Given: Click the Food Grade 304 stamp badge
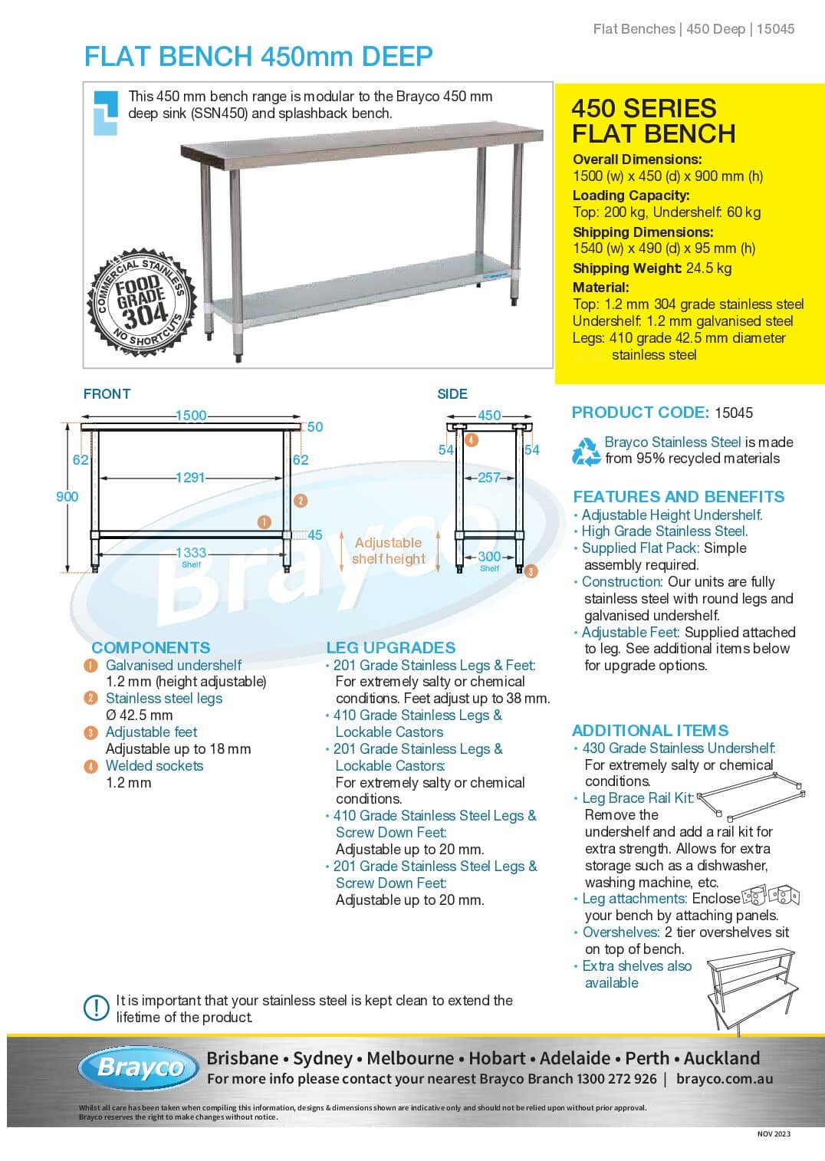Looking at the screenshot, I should point(143,301).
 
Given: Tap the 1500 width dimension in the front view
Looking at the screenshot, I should point(191,416).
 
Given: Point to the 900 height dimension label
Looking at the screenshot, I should point(67,496).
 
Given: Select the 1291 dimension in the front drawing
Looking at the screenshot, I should point(191,478).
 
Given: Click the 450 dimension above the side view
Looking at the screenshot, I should point(489,416).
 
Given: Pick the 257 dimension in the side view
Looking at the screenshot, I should point(488,478).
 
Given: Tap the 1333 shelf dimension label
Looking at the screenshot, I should point(191,553).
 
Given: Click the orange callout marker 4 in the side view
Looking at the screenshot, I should point(472,440).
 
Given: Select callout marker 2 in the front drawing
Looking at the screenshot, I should point(301,501).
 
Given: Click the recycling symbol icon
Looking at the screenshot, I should point(587,451).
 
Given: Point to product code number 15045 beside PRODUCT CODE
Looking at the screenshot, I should point(734,413).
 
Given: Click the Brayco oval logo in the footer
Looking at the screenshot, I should point(139,1067).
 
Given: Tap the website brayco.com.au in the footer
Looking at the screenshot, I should point(725,1079).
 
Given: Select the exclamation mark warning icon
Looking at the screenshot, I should point(97,1008).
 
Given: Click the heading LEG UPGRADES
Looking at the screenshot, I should point(391,648).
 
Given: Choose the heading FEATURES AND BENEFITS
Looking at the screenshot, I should point(679,497).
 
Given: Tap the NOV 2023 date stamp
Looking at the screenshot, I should point(774,1134).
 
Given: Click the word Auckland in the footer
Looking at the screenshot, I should point(721,1059).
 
